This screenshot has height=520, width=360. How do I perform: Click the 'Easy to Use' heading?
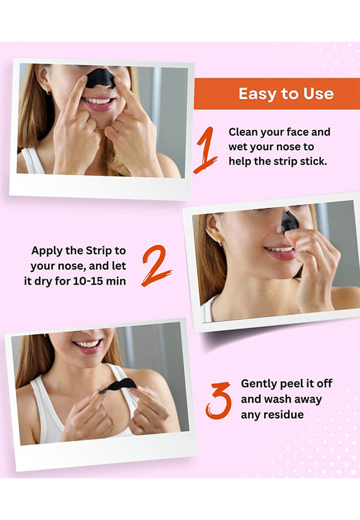click(x=286, y=94)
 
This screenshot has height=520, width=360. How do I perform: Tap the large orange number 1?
click(x=206, y=150)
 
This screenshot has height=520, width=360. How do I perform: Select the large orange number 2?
click(x=156, y=265)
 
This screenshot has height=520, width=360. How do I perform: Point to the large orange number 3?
click(x=218, y=401)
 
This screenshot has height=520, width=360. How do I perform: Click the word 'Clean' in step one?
click(x=244, y=132)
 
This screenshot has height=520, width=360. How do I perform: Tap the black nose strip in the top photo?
click(x=101, y=78)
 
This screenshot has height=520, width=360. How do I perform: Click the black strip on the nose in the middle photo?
click(x=289, y=222)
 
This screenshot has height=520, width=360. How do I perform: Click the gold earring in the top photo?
click(x=48, y=91)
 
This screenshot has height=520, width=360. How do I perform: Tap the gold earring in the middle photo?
click(x=220, y=241)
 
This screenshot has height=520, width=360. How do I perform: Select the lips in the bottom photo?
click(x=87, y=345)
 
